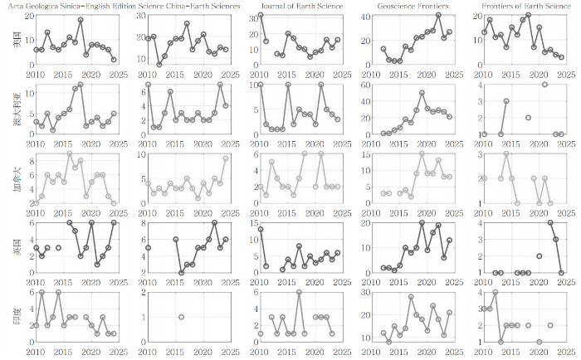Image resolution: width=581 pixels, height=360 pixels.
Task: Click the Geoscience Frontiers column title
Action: click(x=413, y=6)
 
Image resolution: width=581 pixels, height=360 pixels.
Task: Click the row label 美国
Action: click(x=17, y=40)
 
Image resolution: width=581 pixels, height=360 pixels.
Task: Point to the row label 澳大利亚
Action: click(x=17, y=109)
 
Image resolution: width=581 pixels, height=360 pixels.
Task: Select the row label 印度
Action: click(x=17, y=316)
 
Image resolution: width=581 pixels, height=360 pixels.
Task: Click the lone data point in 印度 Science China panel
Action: click(x=181, y=317)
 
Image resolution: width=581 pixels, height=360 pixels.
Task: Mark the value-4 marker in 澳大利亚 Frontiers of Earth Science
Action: click(x=544, y=85)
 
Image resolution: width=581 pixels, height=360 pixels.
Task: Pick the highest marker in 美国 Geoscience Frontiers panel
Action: click(x=438, y=15)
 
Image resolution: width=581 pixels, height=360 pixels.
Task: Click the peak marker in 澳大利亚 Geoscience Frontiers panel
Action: click(x=422, y=93)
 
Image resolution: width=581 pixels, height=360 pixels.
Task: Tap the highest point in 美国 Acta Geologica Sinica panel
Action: click(x=81, y=20)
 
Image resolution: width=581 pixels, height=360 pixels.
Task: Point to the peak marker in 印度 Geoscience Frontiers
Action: click(x=411, y=296)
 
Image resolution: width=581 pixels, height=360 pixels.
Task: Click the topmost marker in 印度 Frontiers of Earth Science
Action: click(x=496, y=292)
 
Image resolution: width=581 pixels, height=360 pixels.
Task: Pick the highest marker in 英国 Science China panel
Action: click(x=214, y=223)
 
